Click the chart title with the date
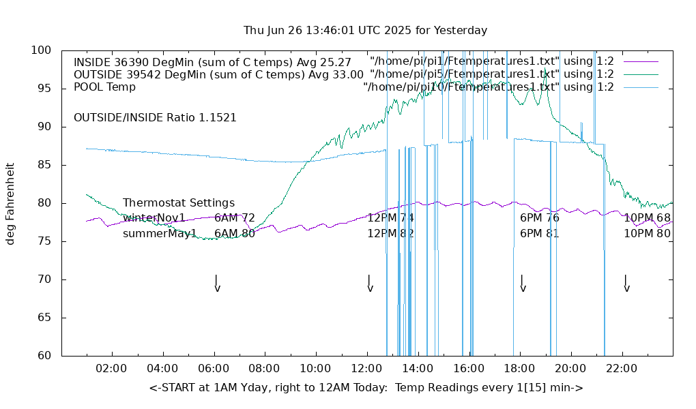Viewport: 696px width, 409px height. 365,31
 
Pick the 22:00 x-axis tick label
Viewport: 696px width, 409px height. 622,369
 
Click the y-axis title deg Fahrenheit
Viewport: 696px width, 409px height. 10,203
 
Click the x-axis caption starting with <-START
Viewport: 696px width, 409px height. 366,388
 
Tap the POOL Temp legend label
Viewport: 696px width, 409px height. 104,87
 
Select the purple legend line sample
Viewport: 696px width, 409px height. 640,61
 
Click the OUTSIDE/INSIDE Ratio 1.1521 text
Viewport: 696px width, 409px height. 155,117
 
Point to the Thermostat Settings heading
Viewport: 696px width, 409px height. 179,203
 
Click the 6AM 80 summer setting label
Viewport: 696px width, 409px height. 235,233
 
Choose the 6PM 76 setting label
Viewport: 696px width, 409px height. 540,218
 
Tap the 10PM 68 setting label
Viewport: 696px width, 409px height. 648,218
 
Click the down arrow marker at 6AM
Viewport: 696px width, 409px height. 216,284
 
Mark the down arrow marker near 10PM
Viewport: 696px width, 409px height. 626,284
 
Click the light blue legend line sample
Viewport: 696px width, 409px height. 640,87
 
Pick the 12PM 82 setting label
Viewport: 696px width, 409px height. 391,233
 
